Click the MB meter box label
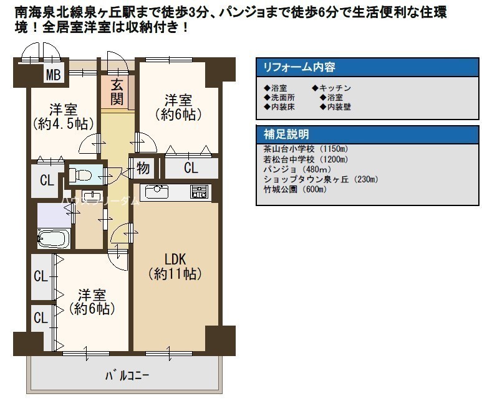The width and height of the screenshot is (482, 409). (53, 75)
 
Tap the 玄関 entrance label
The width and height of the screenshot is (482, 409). (117, 92)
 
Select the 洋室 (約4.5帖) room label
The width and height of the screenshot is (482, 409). (64, 117)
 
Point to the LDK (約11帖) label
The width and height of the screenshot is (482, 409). (175, 266)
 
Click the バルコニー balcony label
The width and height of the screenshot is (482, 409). (127, 375)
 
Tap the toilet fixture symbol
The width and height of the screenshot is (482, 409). (80, 175)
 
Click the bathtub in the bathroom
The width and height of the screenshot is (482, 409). (54, 238)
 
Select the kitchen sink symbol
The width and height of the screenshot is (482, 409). (157, 192)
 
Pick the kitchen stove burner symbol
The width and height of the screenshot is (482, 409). (199, 192)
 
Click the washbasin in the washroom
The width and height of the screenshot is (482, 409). (92, 196)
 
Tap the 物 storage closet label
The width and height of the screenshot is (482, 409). (143, 168)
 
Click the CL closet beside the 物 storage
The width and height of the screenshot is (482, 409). (191, 168)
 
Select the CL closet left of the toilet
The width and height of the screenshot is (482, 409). (47, 181)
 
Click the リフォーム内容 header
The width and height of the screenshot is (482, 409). (299, 67)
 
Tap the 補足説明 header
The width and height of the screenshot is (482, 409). (286, 134)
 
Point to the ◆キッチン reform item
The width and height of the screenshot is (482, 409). (331, 88)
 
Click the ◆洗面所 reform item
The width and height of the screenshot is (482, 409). (279, 98)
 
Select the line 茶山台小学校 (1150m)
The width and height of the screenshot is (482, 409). (306, 149)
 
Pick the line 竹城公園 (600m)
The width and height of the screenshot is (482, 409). (295, 189)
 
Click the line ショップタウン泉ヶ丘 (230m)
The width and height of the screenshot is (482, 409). (321, 179)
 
